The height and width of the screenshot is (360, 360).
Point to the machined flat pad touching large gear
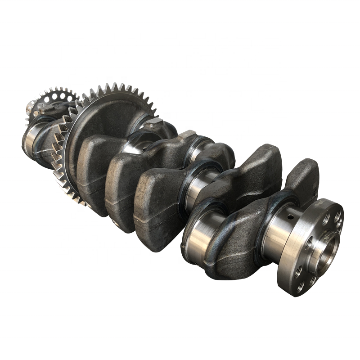[155, 121]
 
